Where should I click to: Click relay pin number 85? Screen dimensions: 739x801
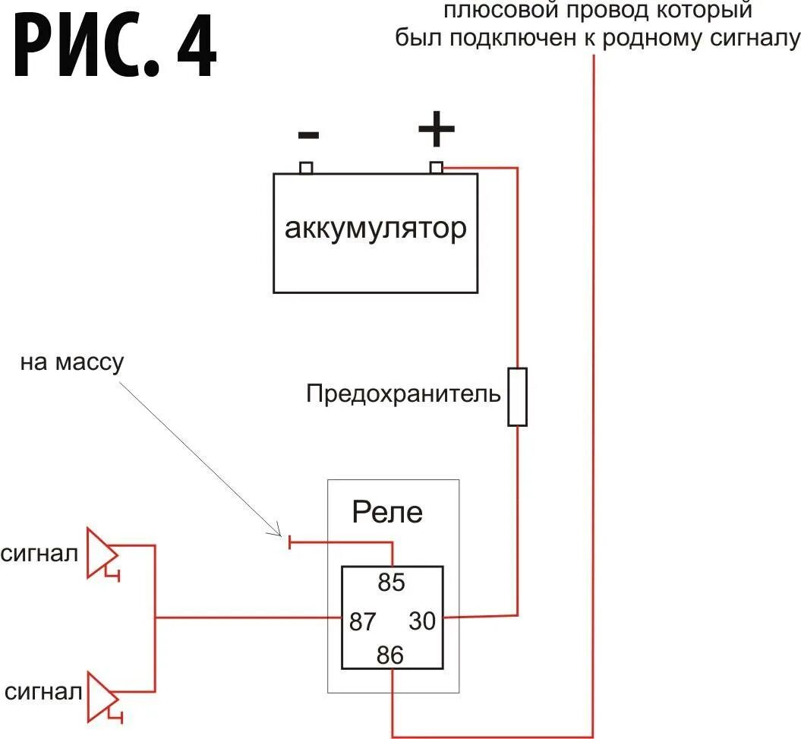(x=392, y=583)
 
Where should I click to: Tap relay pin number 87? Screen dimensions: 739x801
(x=363, y=621)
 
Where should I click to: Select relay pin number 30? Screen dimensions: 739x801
(x=423, y=621)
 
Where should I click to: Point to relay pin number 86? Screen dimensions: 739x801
(x=390, y=655)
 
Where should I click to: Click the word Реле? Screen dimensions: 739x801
(x=387, y=513)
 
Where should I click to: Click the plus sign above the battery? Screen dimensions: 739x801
(x=437, y=131)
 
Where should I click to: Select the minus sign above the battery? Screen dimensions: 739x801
(x=308, y=135)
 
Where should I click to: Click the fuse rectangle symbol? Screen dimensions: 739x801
(x=517, y=396)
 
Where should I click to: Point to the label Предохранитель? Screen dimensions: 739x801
(x=403, y=394)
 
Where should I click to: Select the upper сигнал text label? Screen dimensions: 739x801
(x=39, y=554)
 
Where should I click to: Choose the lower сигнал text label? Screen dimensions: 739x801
(x=43, y=693)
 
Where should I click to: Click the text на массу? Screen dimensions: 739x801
(x=71, y=362)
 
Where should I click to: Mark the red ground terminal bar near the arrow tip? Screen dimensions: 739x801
(x=289, y=542)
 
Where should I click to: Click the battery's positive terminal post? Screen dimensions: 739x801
(x=437, y=167)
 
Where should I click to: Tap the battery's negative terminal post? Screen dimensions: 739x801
(x=307, y=167)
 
